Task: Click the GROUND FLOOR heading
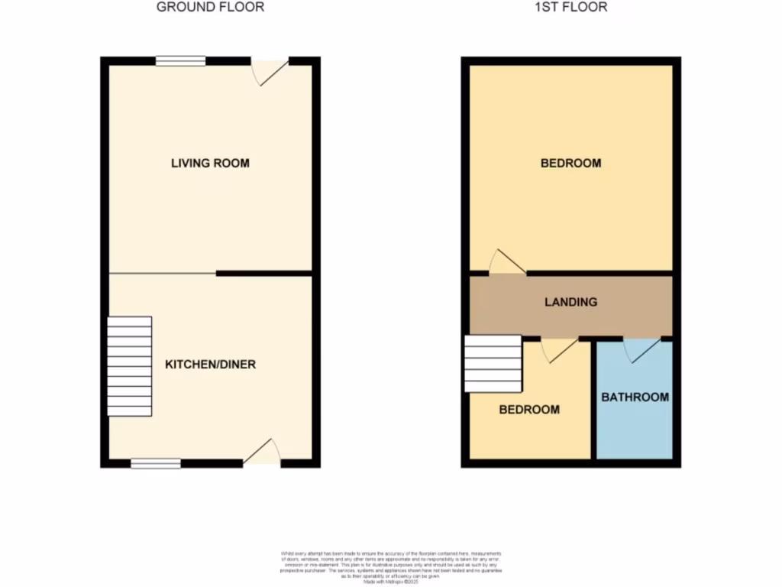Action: point(210,8)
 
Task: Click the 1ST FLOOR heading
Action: point(570,8)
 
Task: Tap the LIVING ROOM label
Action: point(210,163)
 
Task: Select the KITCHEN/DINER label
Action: point(210,365)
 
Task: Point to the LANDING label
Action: point(570,302)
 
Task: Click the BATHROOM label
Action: point(635,397)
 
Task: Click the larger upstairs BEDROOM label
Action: point(570,163)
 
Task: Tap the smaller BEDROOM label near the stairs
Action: point(528,410)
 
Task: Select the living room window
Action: point(181,61)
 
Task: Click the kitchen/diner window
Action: point(155,462)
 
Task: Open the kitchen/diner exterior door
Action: point(262,454)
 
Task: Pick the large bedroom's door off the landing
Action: point(506,263)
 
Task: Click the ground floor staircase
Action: point(129,365)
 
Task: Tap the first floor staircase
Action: point(492,364)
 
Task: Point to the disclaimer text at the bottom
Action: point(390,566)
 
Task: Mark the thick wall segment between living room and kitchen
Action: point(263,273)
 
